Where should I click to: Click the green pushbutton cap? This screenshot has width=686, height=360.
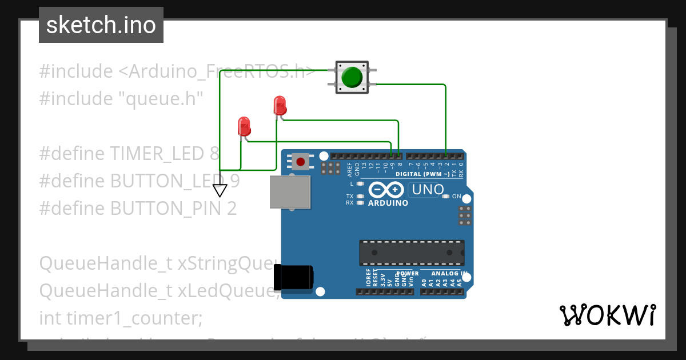pos(351,77)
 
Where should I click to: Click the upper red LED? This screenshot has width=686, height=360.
pos(280,105)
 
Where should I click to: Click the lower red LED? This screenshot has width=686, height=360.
pos(244,126)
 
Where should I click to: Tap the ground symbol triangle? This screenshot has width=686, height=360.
pos(220,190)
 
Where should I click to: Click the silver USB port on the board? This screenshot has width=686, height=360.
pos(290,191)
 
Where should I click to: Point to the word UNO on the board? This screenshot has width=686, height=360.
pos(427,189)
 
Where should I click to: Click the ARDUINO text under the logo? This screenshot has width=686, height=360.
pos(388,203)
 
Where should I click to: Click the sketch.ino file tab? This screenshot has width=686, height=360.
pos(101,25)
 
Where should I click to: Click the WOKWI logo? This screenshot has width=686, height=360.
pos(607,315)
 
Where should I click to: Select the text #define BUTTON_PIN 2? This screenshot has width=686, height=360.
pos(138,209)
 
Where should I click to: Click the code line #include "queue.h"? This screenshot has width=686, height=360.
pos(121,99)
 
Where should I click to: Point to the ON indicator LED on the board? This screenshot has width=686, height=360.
pos(446,197)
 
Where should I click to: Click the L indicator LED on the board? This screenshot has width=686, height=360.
pos(360,184)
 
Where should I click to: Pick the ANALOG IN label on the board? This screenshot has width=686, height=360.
pos(449,274)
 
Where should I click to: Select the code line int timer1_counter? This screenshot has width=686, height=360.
pos(121,318)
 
